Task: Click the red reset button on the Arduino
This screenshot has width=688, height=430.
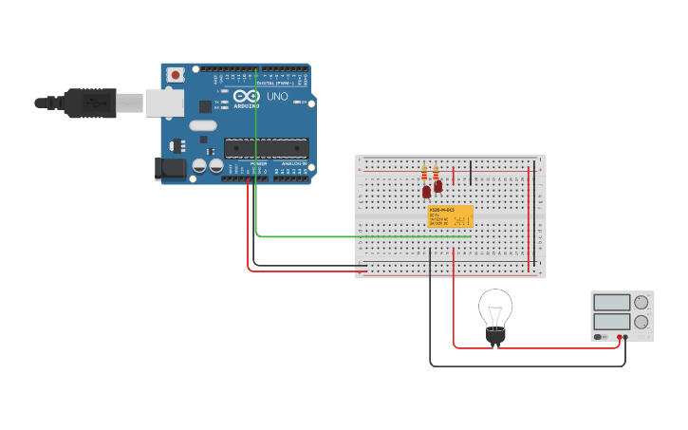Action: coord(176,74)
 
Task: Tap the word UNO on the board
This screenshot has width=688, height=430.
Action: coord(277,97)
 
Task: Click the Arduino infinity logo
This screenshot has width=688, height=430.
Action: coord(246,97)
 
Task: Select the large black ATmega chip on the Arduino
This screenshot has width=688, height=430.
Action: coord(266,147)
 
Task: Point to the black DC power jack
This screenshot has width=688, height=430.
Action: coord(170,168)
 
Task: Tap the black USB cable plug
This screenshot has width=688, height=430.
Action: coord(90,103)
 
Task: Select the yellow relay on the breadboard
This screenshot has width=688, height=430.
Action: coord(450,215)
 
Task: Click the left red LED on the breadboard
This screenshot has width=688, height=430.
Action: coord(426,192)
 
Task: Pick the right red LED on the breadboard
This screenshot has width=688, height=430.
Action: coord(437,187)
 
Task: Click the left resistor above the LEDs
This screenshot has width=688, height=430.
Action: coord(424,174)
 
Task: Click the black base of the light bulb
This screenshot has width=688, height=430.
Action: coord(494,334)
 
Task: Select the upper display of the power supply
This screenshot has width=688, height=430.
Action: coord(612,303)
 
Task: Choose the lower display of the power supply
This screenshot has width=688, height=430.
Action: coord(612,322)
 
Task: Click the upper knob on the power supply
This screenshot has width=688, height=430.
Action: coord(642,303)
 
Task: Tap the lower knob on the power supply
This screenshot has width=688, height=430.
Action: coord(642,322)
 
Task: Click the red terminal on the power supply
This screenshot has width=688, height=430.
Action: coord(618,337)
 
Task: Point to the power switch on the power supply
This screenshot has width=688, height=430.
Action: coord(601,337)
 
